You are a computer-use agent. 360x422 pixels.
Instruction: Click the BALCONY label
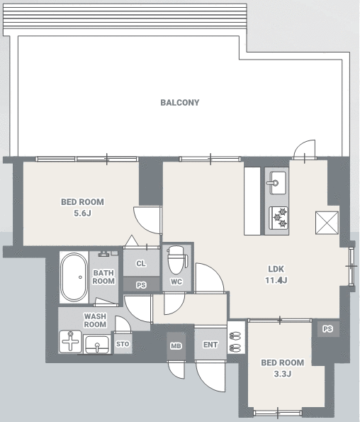[180, 103]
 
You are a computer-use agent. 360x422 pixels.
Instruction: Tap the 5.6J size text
[82, 213]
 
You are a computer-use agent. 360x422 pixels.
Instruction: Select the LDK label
[276, 269]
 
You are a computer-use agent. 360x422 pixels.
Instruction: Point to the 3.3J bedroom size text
[283, 374]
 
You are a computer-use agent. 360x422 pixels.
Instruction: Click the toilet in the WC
[176, 260]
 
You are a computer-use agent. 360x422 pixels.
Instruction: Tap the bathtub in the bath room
[74, 277]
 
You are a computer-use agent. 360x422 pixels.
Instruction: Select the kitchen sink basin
[278, 183]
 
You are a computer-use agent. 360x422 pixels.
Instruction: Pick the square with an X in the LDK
[327, 223]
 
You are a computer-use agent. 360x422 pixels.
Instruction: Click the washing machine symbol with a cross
[70, 341]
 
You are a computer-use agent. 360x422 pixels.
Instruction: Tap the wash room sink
[97, 344]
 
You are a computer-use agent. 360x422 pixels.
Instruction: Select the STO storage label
[123, 344]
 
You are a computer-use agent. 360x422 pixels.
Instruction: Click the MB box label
[176, 346]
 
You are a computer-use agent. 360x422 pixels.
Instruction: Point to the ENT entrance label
[210, 345]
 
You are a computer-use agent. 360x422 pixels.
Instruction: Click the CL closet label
[141, 263]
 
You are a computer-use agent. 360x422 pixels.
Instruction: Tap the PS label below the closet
[141, 285]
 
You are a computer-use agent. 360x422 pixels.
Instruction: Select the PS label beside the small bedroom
[327, 329]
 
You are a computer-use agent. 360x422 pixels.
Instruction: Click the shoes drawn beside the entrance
[235, 340]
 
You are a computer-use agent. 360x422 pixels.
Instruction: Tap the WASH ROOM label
[95, 321]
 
